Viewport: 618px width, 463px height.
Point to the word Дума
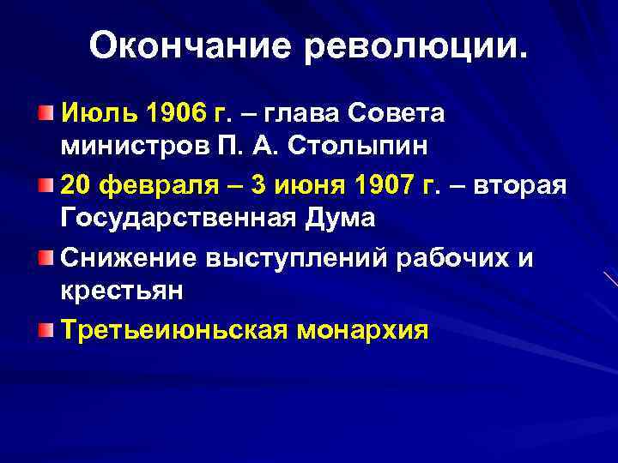tap(342, 218)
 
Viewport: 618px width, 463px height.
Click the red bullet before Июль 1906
tap(45, 113)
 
